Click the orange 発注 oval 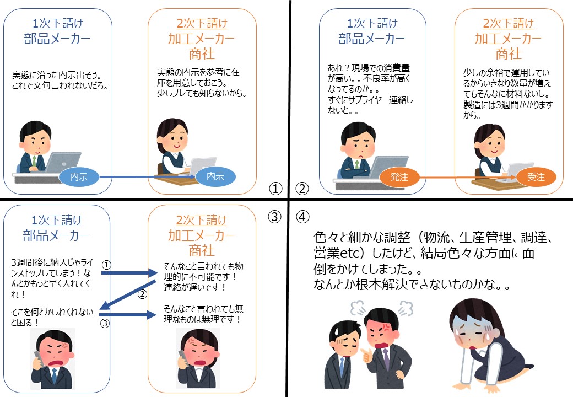pyautogui.click(x=399, y=178)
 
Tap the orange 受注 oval pyautogui.click(x=536, y=178)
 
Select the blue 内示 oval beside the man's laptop pyautogui.click(x=79, y=177)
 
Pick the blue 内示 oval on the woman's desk pyautogui.click(x=215, y=176)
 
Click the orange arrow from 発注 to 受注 pyautogui.click(x=468, y=178)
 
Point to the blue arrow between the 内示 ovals pyautogui.click(x=147, y=177)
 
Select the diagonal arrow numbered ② pyautogui.click(x=128, y=294)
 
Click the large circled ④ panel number pyautogui.click(x=302, y=217)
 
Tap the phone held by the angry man pyautogui.click(x=39, y=358)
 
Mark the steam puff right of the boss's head pyautogui.click(x=406, y=308)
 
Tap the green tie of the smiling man pyautogui.click(x=34, y=161)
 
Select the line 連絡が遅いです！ pyautogui.click(x=195, y=287)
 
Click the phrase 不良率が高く pyautogui.click(x=387, y=78)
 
